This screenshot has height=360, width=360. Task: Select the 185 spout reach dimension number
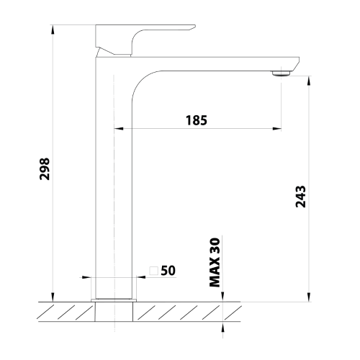click(x=195, y=120)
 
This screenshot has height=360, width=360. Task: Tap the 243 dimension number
click(x=301, y=197)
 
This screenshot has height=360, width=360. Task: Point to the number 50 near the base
click(x=168, y=271)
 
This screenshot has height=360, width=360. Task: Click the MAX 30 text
click(x=215, y=264)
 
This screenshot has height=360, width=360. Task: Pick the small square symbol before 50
click(x=153, y=271)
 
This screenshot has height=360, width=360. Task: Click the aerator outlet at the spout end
click(x=281, y=72)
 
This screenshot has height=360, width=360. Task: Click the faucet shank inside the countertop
click(x=115, y=311)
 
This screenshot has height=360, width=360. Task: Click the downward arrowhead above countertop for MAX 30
click(x=224, y=297)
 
